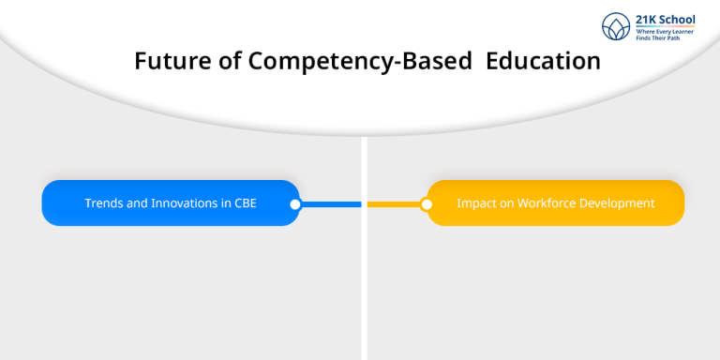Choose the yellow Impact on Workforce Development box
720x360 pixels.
555,203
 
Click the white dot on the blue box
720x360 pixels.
295,203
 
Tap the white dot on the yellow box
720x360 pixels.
427,203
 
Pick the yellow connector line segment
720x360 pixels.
394,203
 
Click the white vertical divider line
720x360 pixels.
363,281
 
